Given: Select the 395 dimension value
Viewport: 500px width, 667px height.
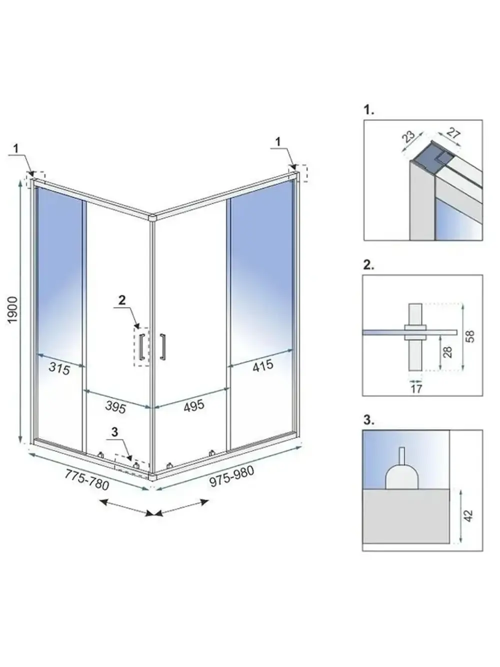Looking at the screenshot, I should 115,407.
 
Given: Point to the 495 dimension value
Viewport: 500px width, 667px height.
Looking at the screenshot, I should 194,405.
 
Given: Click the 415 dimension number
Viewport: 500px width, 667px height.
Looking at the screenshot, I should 263,365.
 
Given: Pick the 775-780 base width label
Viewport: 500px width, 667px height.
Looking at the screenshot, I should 86,480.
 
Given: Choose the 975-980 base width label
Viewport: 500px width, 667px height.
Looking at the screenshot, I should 231,476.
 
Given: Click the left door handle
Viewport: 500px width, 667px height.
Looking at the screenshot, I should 142,345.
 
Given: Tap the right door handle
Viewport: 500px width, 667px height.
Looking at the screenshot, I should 162,346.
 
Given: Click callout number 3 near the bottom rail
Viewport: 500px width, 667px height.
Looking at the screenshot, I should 114,432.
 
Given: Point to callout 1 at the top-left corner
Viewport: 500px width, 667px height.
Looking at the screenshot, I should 16,148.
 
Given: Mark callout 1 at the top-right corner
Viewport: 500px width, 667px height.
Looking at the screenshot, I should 278,141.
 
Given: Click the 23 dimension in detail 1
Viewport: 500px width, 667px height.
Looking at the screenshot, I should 408,136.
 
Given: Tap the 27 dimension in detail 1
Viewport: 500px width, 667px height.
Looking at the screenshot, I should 453,133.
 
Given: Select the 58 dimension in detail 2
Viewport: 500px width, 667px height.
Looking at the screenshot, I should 469,336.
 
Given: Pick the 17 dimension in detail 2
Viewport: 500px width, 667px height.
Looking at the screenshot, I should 416,388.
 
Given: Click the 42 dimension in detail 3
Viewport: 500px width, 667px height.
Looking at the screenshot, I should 468,515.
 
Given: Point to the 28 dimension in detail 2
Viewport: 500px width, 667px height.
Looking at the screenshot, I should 447,351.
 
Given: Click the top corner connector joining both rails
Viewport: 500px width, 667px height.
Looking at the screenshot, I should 153,217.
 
